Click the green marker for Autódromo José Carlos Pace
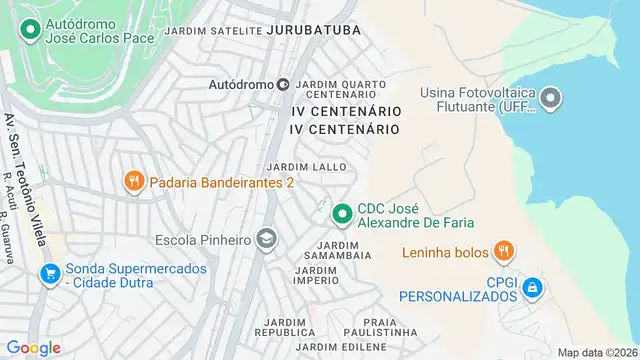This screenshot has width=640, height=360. pos(31,30)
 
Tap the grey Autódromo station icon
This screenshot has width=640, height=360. pos(283,85)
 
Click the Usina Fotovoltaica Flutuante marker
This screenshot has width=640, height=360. pos(551,99)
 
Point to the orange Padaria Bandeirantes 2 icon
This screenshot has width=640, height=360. pos(133,182)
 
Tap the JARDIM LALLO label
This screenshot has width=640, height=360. pos(306,166)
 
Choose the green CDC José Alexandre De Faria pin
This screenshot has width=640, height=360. pos(342,213)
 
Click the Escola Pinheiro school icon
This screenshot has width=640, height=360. pos(266,239)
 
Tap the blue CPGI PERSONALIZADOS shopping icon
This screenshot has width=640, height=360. pos(532,288)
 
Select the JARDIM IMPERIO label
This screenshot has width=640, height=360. pos(316,275)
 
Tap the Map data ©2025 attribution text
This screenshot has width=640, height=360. pos(596,352)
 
